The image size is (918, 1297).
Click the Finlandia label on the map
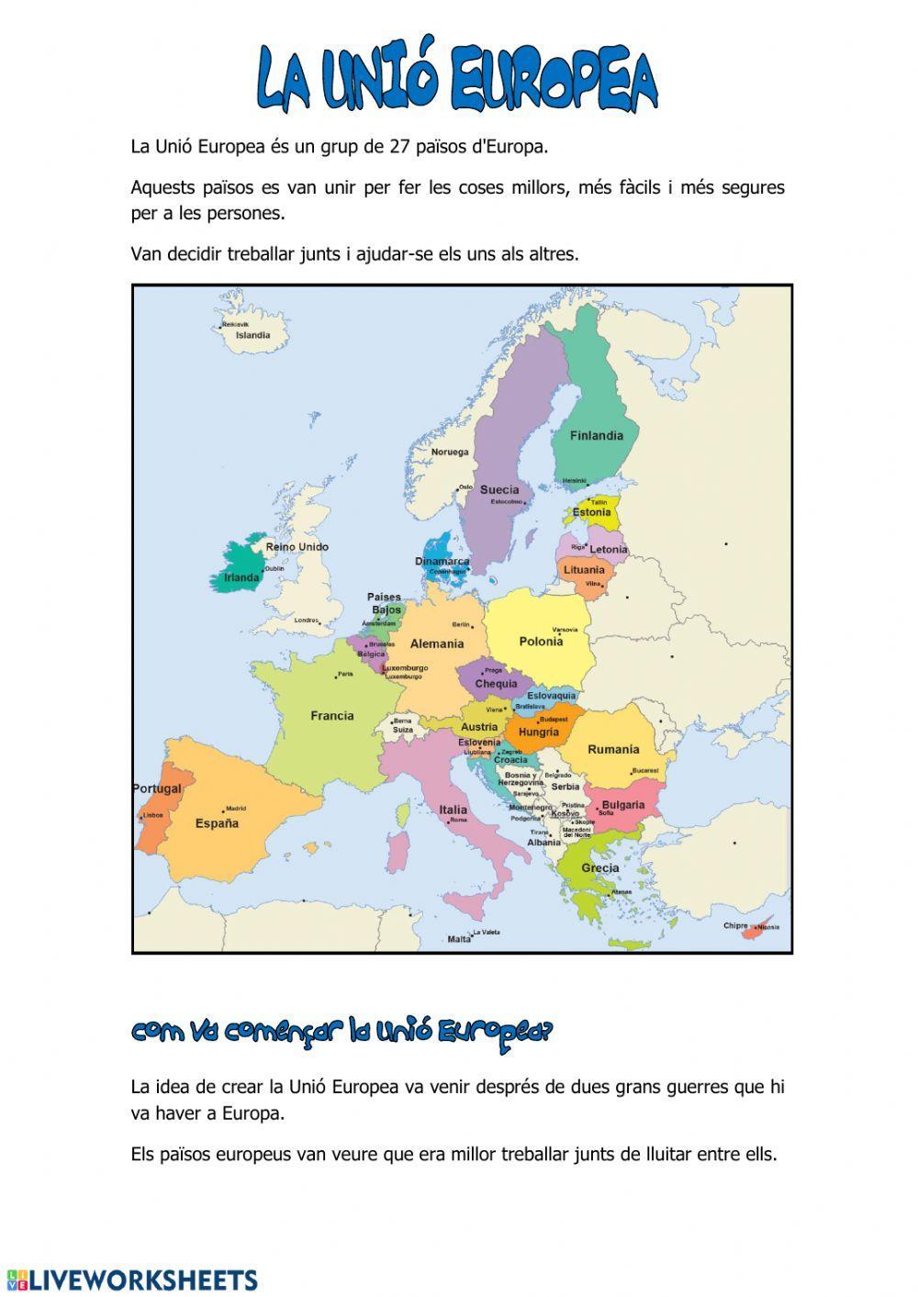tap(596, 436)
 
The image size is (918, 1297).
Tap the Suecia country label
tap(499, 489)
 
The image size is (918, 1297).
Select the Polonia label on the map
tap(541, 642)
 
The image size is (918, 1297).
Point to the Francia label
tap(331, 716)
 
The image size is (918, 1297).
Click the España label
tap(217, 823)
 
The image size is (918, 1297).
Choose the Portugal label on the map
tap(157, 788)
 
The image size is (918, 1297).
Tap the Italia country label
tap(453, 810)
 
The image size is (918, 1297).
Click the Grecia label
tap(599, 867)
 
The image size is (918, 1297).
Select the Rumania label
tap(613, 749)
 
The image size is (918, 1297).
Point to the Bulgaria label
tap(623, 805)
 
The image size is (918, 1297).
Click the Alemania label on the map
tap(437, 643)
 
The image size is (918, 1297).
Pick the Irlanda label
tap(242, 578)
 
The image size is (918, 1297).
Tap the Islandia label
tap(253, 335)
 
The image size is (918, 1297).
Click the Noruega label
tap(450, 452)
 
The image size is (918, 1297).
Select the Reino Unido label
tap(297, 547)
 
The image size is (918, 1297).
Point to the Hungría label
tap(538, 732)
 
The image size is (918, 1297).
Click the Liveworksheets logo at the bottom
tap(132, 1280)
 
